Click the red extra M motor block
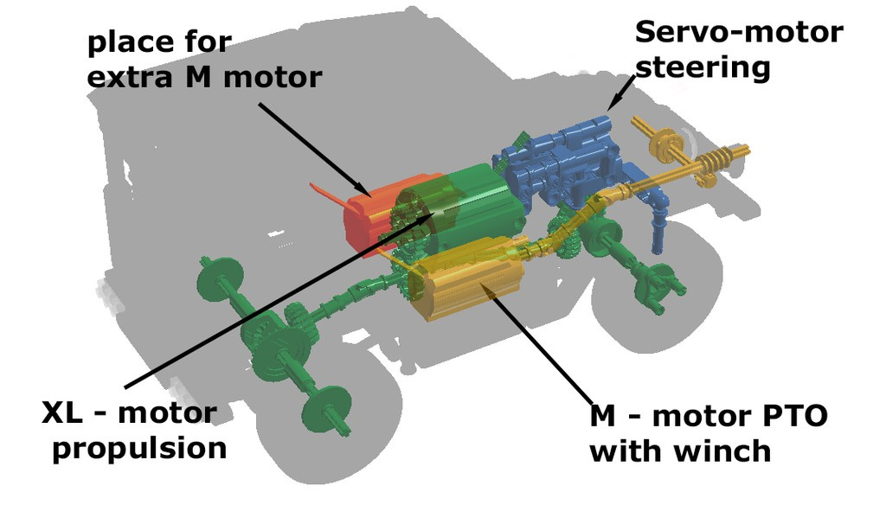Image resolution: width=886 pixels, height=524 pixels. [368, 216]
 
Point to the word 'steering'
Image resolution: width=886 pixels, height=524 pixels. [703, 67]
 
